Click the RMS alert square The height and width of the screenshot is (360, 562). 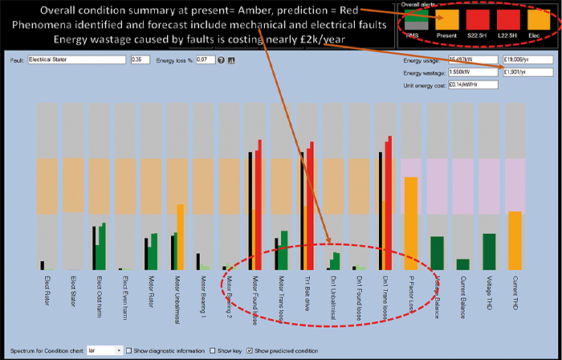pyautogui.click(x=417, y=21)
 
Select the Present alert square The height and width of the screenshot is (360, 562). pyautogui.click(x=447, y=21)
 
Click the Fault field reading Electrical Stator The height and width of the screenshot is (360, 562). pyautogui.click(x=77, y=59)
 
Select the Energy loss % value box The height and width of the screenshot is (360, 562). pyautogui.click(x=205, y=59)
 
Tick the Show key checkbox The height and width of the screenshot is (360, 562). pyautogui.click(x=212, y=351)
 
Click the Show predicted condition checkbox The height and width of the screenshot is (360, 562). pyautogui.click(x=249, y=351)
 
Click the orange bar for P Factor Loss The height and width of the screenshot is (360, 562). pyautogui.click(x=410, y=223)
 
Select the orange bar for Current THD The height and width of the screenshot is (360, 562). pyautogui.click(x=515, y=239)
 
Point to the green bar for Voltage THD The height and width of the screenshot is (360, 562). pyautogui.click(x=489, y=251)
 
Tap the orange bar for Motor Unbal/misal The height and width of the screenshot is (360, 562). pyautogui.click(x=181, y=236)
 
